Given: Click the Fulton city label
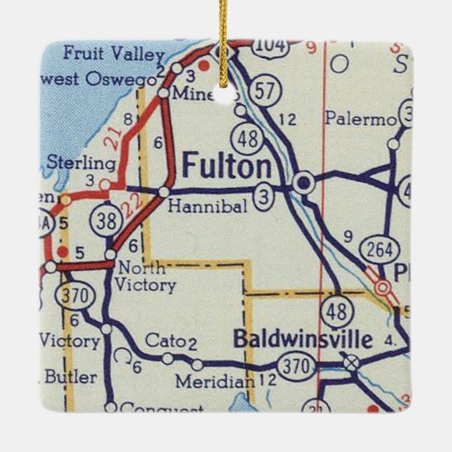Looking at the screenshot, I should click(226, 167).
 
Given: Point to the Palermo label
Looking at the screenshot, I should click(360, 119).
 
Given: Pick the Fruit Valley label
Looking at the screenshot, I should click(113, 53).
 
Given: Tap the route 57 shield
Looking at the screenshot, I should click(268, 91).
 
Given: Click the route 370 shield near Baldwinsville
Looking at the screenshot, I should click(291, 366).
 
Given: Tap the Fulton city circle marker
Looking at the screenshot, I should click(303, 184).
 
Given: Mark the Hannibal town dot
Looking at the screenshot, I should click(164, 191).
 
